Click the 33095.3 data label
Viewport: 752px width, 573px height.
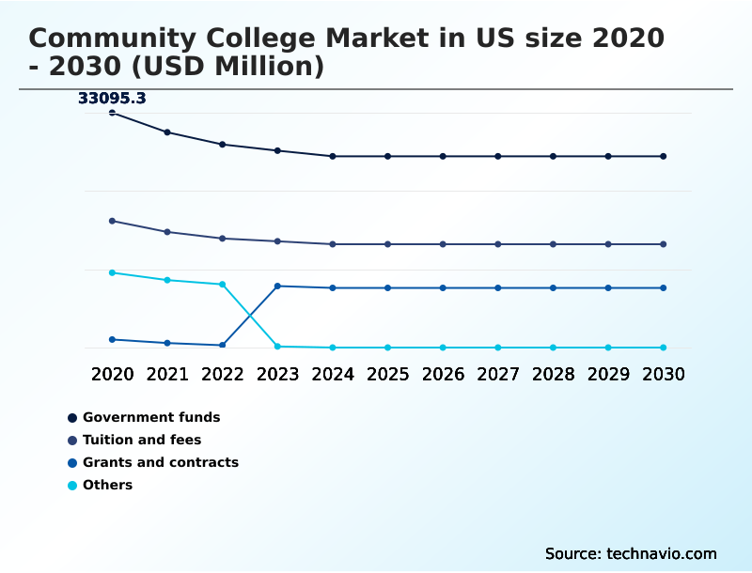[112, 98]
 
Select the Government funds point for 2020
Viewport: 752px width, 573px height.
[113, 113]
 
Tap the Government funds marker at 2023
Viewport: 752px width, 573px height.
[277, 150]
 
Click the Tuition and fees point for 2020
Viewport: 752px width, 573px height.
[113, 221]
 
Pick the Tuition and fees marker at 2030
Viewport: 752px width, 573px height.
[663, 244]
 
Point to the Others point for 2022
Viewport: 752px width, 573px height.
[223, 284]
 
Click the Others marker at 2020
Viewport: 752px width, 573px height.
[113, 272]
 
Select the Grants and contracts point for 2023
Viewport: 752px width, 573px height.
[277, 286]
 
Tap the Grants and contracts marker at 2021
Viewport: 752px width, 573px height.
[167, 343]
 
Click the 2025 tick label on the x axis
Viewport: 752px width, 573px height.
[387, 374]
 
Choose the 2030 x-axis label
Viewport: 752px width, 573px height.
[663, 374]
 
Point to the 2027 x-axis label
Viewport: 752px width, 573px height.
[497, 374]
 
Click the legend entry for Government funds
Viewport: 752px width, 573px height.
[150, 417]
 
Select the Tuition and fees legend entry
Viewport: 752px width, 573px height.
[141, 440]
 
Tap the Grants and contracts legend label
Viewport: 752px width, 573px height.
[160, 462]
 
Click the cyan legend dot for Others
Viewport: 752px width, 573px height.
[72, 486]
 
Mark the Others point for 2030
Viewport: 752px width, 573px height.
[663, 348]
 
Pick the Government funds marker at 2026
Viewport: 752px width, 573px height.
[443, 156]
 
